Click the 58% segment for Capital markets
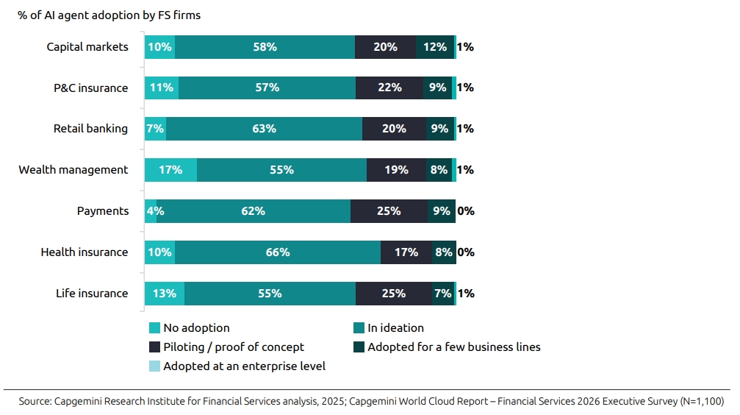(x=265, y=47)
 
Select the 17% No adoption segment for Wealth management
(x=170, y=170)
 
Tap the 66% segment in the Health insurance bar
(x=278, y=252)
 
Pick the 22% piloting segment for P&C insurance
(x=389, y=88)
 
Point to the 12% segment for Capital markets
(x=435, y=47)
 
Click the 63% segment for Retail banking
(x=264, y=129)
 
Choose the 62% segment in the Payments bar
(x=254, y=211)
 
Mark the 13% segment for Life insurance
(x=165, y=294)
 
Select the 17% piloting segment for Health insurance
(x=406, y=252)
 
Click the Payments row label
(x=102, y=211)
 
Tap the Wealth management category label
(x=73, y=170)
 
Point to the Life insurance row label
(x=91, y=294)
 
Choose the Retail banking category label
(x=90, y=129)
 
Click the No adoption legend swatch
(x=154, y=328)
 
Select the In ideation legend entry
(x=395, y=328)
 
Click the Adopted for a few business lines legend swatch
(x=359, y=347)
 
